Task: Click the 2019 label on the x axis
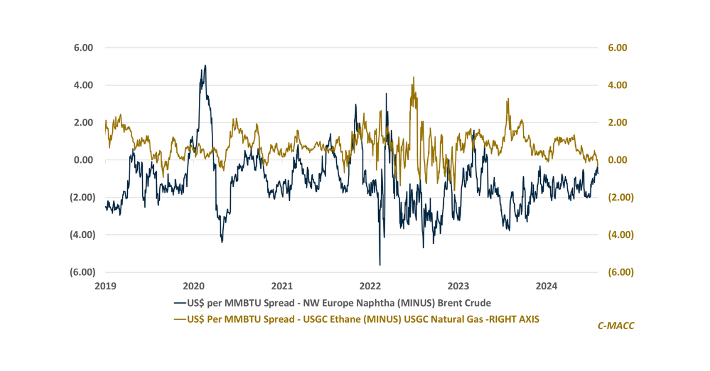click(x=106, y=287)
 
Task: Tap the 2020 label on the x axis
click(x=195, y=287)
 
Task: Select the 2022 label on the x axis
click(x=370, y=287)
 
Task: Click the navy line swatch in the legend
click(x=180, y=304)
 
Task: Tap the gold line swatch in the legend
click(x=180, y=320)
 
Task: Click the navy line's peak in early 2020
click(x=205, y=65)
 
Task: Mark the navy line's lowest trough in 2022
click(x=379, y=265)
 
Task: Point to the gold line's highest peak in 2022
click(x=413, y=77)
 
